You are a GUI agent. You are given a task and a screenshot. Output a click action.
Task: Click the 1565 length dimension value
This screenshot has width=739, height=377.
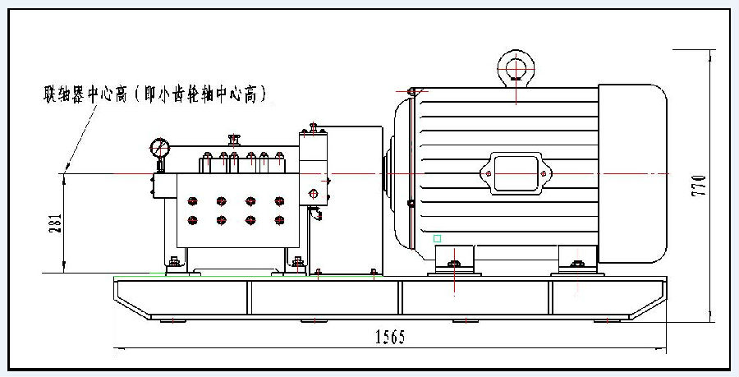(x=390, y=337)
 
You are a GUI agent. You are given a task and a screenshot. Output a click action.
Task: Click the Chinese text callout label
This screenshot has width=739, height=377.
(x=156, y=95)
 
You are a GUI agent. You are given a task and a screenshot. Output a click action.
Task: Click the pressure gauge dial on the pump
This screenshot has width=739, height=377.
(x=159, y=149)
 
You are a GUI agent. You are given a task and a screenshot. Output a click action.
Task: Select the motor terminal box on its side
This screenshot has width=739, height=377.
(x=515, y=172)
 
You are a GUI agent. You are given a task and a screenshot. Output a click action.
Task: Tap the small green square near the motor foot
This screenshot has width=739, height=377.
(x=438, y=238)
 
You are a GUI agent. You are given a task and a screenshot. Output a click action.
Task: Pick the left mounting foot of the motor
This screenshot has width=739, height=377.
(x=454, y=262)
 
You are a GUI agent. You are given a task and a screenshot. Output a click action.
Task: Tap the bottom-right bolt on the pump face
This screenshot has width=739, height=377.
(x=280, y=220)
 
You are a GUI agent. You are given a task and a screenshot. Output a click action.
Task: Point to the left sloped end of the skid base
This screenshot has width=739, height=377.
(x=131, y=300)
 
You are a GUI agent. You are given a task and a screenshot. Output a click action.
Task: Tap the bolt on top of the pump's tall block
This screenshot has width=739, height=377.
(x=311, y=126)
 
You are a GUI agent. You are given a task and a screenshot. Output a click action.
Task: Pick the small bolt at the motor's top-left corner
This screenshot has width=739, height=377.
(x=414, y=90)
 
